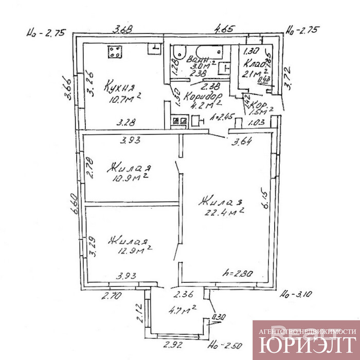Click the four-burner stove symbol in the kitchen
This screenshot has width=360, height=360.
coord(115,51)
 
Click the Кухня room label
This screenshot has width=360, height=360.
coord(118,86)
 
